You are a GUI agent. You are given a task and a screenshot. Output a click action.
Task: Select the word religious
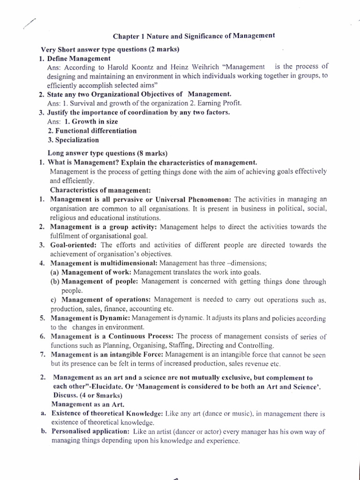64,217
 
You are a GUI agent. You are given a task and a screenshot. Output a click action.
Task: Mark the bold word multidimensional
125,263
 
